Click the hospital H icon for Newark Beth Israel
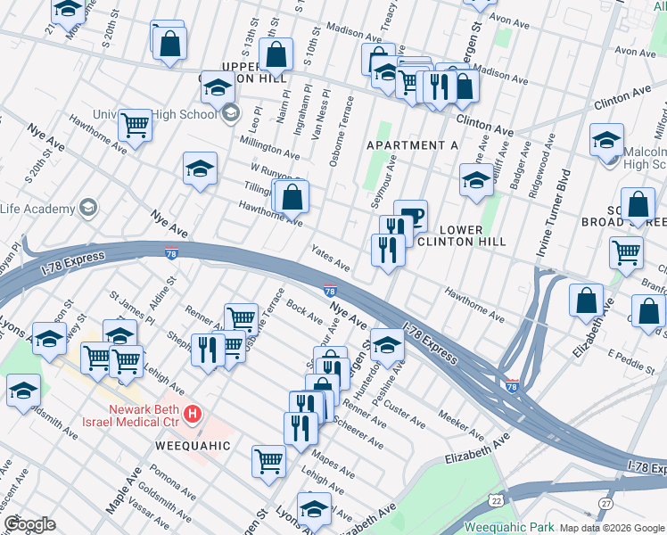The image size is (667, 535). click(194, 415)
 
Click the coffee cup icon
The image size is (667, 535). click(411, 215)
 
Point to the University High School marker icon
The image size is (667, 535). click(231, 113)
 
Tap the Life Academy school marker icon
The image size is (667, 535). click(87, 209)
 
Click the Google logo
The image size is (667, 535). click(29, 524)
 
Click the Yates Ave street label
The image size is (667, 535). click(330, 257)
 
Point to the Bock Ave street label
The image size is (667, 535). click(305, 314)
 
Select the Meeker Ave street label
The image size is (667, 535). click(461, 424)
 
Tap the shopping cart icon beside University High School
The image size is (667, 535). click(135, 125)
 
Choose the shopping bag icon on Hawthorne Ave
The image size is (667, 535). click(292, 196)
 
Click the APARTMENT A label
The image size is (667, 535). click(411, 144)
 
